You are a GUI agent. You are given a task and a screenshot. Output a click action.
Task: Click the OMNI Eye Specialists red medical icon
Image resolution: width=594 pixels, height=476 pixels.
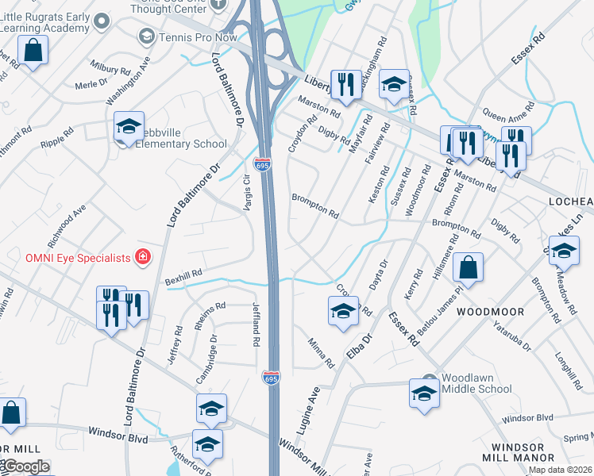(x=142, y=257)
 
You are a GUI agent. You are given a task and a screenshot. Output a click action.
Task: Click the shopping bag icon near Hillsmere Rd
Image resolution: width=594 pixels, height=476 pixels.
(x=469, y=268)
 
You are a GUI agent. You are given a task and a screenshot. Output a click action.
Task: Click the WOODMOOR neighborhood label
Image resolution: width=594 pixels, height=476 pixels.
(x=488, y=312)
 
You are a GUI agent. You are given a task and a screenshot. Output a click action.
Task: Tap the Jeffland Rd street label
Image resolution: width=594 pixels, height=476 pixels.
(x=256, y=324)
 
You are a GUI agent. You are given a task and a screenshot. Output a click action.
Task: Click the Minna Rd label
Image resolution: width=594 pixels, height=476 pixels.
(x=322, y=352)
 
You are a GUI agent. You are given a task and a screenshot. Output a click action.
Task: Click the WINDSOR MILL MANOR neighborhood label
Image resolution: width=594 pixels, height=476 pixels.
(x=523, y=452)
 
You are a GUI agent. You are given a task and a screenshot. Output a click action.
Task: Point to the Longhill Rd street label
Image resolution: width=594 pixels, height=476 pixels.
(x=570, y=371)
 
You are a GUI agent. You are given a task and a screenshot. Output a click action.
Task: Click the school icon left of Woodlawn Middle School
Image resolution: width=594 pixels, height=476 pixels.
(x=424, y=393)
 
